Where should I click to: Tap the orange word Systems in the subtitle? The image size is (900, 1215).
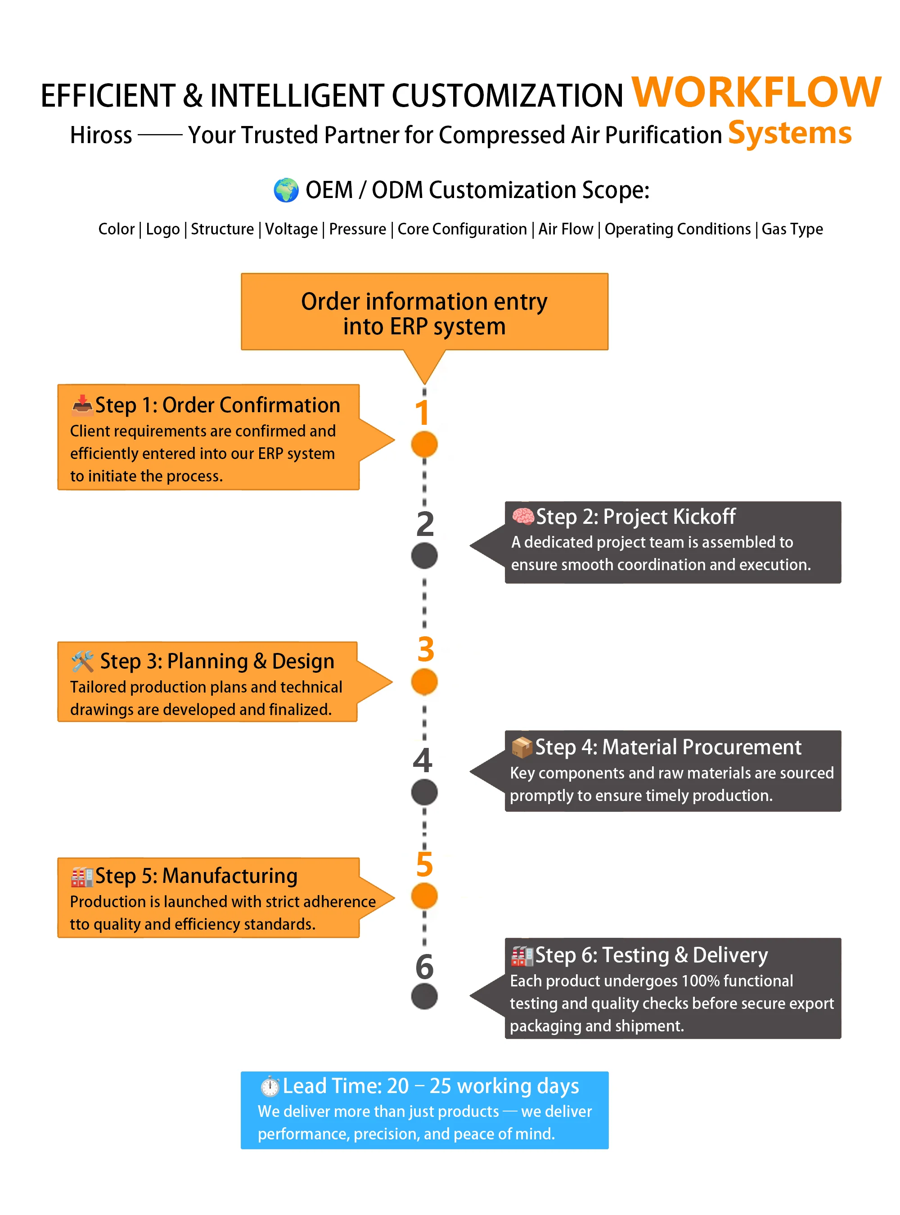click(x=789, y=134)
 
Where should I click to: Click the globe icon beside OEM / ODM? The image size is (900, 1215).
click(x=286, y=190)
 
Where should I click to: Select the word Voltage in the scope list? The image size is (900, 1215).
click(x=292, y=229)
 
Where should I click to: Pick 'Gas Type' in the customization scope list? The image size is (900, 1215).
click(x=792, y=229)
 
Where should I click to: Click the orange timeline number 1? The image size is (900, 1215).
click(x=422, y=413)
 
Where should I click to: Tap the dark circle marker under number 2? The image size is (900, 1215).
click(x=424, y=556)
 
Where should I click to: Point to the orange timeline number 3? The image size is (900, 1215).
click(x=426, y=649)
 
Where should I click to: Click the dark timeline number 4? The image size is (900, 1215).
click(x=423, y=760)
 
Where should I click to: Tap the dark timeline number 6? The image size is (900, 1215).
click(x=424, y=967)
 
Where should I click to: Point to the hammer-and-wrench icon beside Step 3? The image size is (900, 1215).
click(x=83, y=661)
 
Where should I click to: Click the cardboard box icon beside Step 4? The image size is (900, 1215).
click(x=522, y=747)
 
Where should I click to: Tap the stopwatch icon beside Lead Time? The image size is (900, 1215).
click(x=270, y=1086)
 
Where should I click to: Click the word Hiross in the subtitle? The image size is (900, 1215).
click(x=101, y=135)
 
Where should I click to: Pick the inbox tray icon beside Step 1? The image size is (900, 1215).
click(x=82, y=405)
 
